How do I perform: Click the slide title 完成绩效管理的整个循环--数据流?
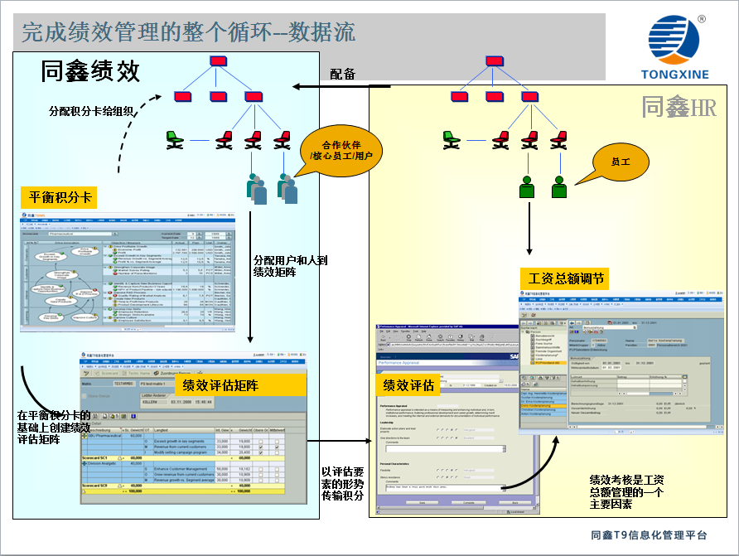click(189, 32)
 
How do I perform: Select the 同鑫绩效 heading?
click(91, 72)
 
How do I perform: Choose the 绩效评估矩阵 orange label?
click(220, 385)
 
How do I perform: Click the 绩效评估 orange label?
click(409, 384)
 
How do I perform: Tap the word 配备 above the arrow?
click(342, 75)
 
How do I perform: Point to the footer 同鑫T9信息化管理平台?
click(650, 535)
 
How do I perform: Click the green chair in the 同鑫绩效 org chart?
click(174, 140)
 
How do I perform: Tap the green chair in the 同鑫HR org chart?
click(452, 140)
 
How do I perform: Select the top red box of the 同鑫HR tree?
click(495, 60)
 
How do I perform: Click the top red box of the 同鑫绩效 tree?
click(218, 60)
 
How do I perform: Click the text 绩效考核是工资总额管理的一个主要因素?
click(625, 493)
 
